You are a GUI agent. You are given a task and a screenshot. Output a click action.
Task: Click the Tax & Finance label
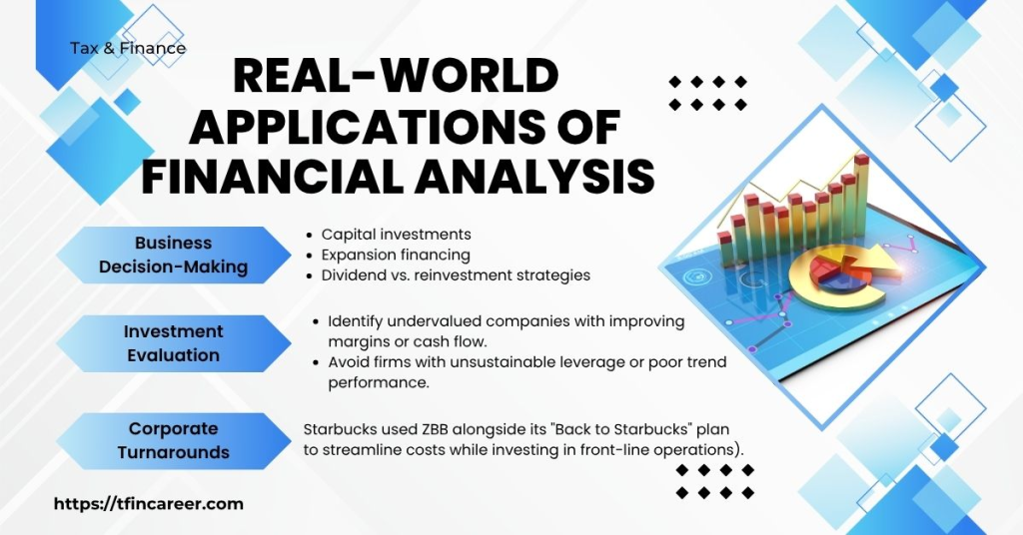pos(128,48)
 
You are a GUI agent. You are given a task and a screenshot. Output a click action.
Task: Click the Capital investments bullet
pos(396,235)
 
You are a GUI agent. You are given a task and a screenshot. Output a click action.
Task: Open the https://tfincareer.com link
pos(148,504)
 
